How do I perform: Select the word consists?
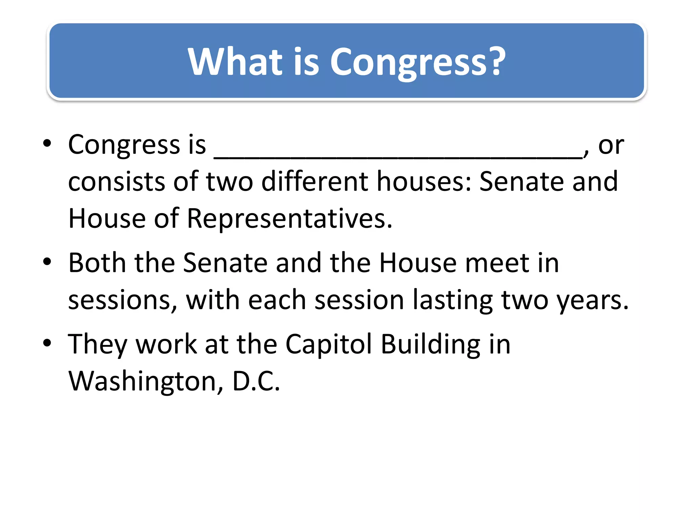[x=116, y=181]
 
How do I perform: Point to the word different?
[x=315, y=181]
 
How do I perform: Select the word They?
[x=97, y=345]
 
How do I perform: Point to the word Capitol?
[x=329, y=345]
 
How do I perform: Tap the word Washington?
[x=142, y=382]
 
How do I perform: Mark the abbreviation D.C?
[x=256, y=381]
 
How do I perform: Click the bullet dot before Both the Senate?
[x=47, y=261]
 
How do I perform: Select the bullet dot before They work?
[x=47, y=343]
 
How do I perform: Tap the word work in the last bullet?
[x=166, y=345]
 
